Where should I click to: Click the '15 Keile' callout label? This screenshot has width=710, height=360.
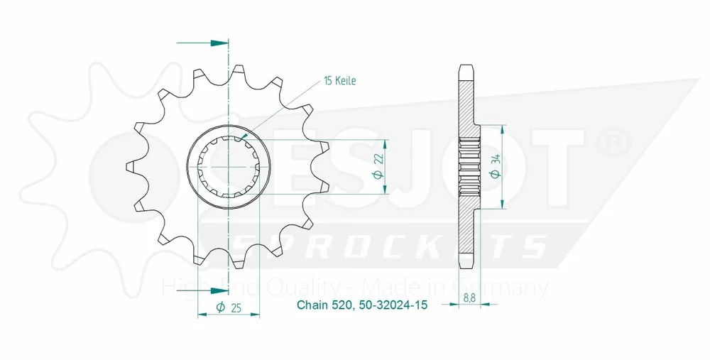339,81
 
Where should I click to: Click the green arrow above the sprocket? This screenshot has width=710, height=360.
213,43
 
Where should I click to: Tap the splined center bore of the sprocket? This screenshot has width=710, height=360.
228,167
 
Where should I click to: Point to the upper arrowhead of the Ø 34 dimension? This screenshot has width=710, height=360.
503,130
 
